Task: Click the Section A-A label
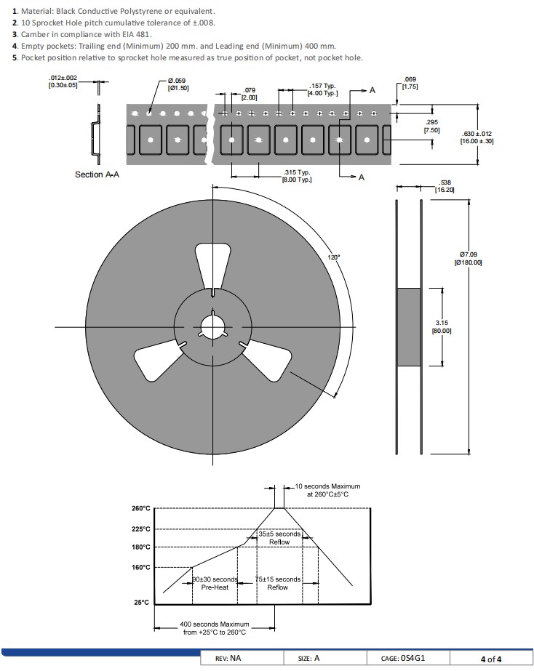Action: click(x=97, y=174)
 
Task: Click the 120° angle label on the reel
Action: click(x=333, y=257)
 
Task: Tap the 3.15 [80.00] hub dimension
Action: click(x=442, y=326)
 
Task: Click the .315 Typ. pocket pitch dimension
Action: click(x=296, y=176)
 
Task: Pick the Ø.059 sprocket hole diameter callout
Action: click(x=178, y=84)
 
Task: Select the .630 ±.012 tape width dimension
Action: click(x=477, y=137)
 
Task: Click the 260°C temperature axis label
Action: click(x=140, y=508)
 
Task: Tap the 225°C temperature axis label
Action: click(x=140, y=529)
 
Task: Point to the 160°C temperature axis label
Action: click(x=140, y=567)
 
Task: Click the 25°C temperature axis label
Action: click(x=142, y=603)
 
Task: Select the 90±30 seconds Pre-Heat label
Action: click(x=215, y=583)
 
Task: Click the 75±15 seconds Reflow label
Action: click(x=277, y=583)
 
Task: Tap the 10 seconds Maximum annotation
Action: click(x=327, y=490)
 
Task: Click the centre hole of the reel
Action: click(x=212, y=324)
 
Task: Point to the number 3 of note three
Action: click(x=15, y=34)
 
